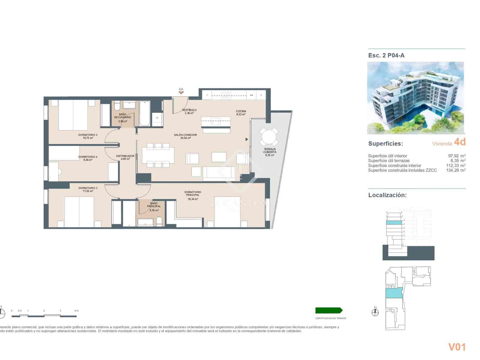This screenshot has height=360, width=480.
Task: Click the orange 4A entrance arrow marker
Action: pyautogui.click(x=181, y=93)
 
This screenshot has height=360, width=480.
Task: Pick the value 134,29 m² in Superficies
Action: pyautogui.click(x=456, y=170)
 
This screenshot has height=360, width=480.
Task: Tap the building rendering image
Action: pyautogui.click(x=415, y=98)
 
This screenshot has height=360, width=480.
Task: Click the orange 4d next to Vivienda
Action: pyautogui.click(x=460, y=142)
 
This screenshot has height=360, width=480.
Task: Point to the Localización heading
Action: pyautogui.click(x=387, y=195)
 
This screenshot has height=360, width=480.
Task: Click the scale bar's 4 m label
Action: pyautogui.click(x=76, y=311)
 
